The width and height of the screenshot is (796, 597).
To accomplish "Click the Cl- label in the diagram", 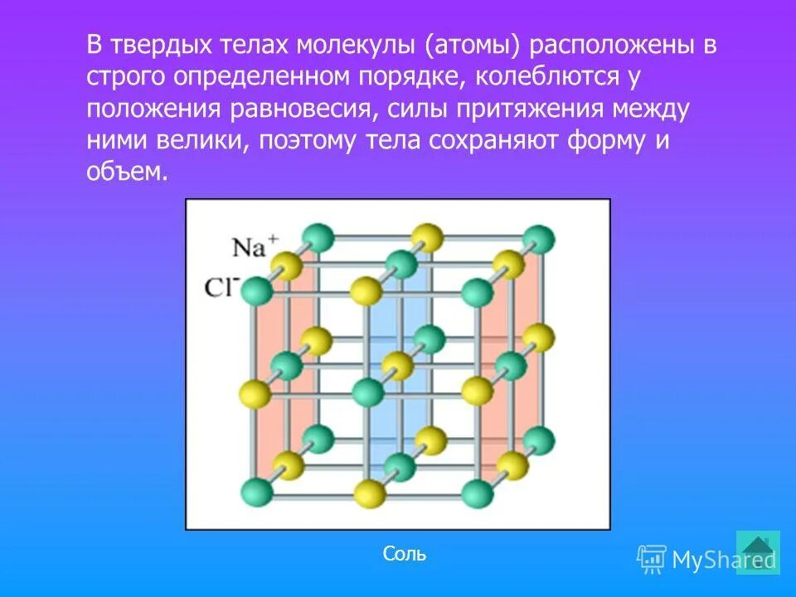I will [221, 287].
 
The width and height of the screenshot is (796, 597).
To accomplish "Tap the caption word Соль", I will [405, 554].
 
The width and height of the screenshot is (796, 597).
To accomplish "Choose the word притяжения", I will [527, 109].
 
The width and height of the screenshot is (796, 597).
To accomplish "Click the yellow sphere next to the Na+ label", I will [287, 267].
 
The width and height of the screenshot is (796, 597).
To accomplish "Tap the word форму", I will [609, 140].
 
